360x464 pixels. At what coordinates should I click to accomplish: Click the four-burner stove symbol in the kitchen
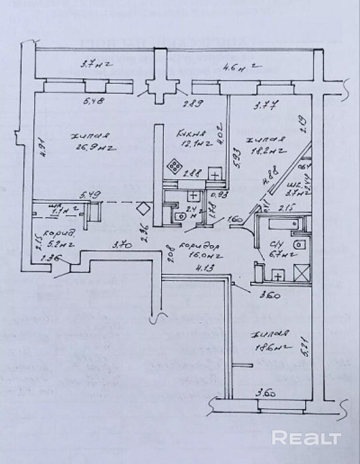point(174,166)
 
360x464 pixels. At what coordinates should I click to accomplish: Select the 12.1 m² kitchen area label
point(189,143)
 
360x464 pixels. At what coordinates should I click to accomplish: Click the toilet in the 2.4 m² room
point(179,216)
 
